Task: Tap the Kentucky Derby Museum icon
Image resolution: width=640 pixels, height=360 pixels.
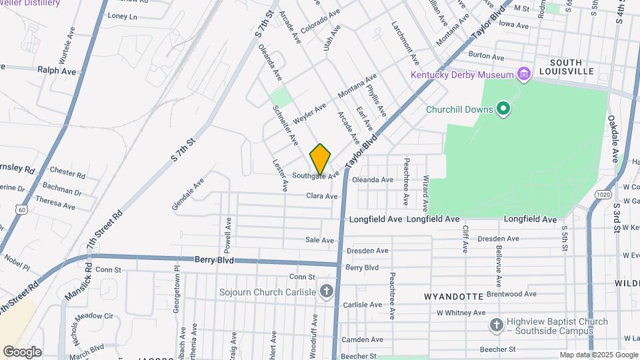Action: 524,74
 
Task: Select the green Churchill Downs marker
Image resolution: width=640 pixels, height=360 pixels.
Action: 504,109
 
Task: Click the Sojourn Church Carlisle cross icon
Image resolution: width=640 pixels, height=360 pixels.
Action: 326,291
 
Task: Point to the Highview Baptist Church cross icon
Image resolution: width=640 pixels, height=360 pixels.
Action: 496,325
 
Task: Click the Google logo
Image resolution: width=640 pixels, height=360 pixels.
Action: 22,351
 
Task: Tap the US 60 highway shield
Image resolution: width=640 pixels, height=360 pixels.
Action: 22,209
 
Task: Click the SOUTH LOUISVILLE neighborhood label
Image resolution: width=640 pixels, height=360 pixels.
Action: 566,66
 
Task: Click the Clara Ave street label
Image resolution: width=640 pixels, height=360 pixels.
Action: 322,196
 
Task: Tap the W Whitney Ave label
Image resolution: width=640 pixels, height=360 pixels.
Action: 461,312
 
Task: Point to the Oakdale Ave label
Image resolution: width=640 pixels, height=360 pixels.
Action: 613,138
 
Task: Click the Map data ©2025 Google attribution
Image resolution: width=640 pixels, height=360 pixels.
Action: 598,355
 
